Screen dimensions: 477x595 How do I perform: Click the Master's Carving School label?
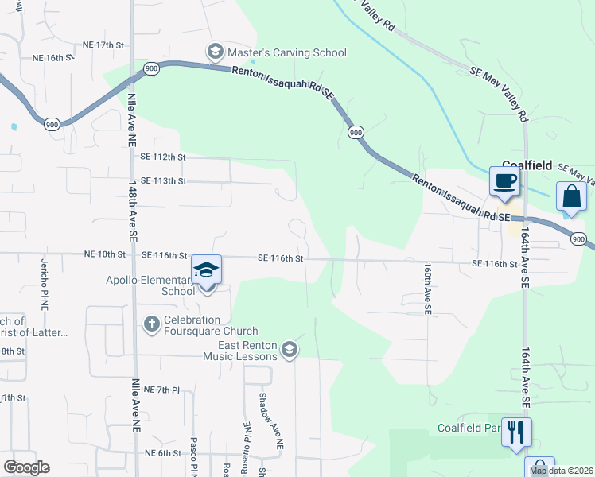point(287,52)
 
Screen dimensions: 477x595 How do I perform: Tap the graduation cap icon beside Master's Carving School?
point(215,52)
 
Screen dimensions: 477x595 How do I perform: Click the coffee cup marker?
point(504,182)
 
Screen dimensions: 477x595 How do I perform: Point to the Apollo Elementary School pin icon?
point(206,272)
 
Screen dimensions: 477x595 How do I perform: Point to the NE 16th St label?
point(52,58)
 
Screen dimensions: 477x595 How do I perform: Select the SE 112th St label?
point(162,157)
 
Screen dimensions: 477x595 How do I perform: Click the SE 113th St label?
point(162,180)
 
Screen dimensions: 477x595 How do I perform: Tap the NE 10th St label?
point(105,255)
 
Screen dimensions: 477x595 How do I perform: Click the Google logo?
point(27,467)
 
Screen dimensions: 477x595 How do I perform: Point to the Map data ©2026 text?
point(562,471)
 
